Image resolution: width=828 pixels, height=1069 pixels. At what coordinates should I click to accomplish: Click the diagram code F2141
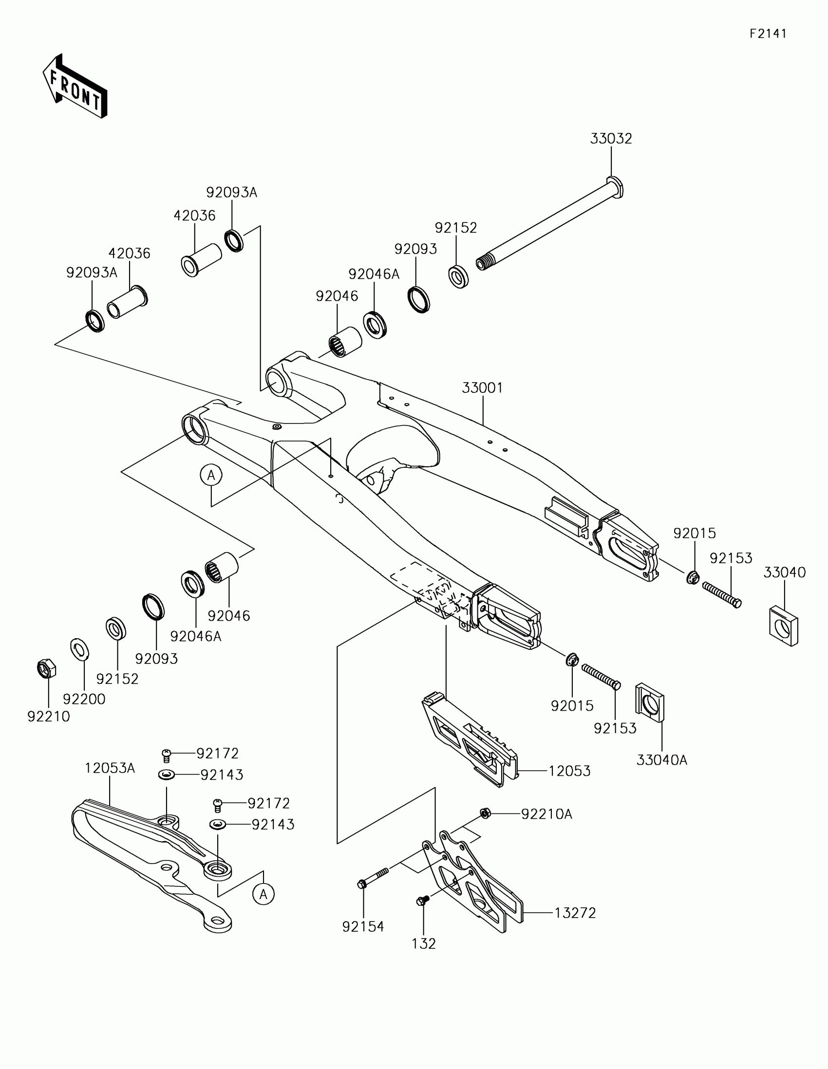click(768, 34)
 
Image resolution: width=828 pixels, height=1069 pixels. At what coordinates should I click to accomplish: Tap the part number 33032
click(611, 139)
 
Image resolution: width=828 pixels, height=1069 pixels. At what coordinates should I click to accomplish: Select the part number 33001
click(482, 387)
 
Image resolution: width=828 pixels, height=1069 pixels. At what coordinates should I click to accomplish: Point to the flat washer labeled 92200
click(80, 649)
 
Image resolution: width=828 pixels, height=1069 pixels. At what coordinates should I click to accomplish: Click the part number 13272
click(575, 913)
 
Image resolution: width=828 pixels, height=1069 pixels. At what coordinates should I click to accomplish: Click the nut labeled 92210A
click(485, 813)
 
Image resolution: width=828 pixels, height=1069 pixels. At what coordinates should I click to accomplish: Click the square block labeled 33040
click(784, 626)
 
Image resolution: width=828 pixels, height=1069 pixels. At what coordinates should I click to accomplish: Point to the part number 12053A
click(110, 769)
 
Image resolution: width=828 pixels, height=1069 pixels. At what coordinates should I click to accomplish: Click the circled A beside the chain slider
click(263, 894)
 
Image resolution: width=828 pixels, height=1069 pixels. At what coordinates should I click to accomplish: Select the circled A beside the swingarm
click(211, 475)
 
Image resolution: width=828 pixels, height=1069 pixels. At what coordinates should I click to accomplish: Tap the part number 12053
click(569, 771)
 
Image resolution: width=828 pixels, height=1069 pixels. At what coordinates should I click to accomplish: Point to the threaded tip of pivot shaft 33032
click(483, 263)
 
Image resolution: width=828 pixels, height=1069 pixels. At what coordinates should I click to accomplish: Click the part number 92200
click(84, 699)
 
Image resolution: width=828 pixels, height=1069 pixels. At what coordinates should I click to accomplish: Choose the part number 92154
click(363, 926)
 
